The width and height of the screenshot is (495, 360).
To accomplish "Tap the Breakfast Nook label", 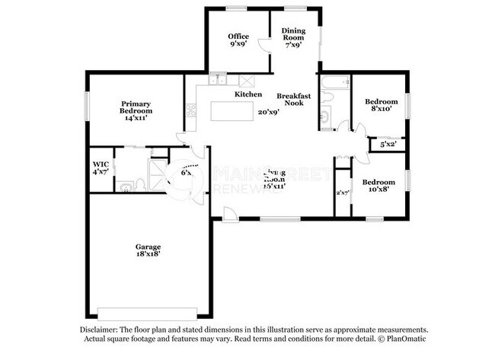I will pyautogui.click(x=289, y=98).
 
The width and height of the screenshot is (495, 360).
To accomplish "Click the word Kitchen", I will pyautogui.click(x=248, y=94).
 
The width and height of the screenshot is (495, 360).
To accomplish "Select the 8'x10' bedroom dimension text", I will pyautogui.click(x=381, y=109).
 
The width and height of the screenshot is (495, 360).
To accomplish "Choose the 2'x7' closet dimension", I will pyautogui.click(x=342, y=193).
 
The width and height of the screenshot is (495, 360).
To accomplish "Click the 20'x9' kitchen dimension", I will pyautogui.click(x=268, y=112).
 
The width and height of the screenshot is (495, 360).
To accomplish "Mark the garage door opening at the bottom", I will pyautogui.click(x=149, y=314).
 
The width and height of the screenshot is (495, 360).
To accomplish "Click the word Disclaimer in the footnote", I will pyautogui.click(x=102, y=329).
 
